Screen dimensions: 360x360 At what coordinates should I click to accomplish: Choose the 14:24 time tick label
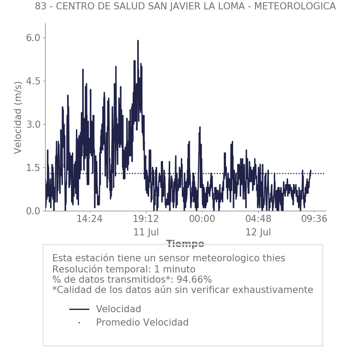coord(90,219)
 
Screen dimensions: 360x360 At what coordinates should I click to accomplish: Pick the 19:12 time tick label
coord(146,219)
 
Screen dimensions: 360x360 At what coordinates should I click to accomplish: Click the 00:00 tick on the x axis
coord(202,219)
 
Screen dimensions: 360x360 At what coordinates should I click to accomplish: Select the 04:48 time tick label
coord(258,219)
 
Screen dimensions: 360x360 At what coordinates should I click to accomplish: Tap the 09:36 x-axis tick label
coord(314,219)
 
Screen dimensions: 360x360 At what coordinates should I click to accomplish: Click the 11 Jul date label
coord(146,233)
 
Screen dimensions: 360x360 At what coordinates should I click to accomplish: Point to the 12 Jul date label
coord(258,233)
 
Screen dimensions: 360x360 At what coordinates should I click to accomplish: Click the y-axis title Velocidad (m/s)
coord(18,117)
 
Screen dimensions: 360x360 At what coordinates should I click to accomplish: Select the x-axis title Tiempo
coord(185,244)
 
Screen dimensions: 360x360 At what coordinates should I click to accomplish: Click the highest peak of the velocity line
coord(138,41)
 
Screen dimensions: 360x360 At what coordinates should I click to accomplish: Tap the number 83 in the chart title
coord(41,7)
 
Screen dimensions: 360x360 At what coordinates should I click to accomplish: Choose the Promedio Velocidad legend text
coord(142,322)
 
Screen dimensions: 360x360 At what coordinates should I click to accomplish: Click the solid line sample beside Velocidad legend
coord(80,309)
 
